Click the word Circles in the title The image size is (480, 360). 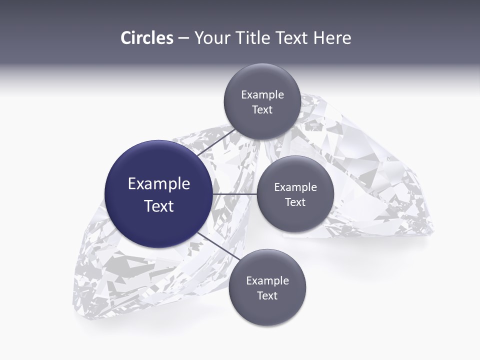pos(146,38)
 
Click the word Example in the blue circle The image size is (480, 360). pos(159,184)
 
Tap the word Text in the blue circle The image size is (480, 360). pos(159,206)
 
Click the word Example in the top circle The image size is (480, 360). pos(262,95)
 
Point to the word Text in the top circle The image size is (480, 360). pos(262,110)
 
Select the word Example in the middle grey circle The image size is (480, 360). pos(295,187)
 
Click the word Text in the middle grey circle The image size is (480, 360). pos(295,202)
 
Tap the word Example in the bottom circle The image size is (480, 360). pos(267,281)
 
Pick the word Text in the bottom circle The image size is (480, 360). pos(267,296)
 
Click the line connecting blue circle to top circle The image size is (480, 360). pos(215,142)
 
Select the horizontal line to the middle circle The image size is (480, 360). pos(235,194)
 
